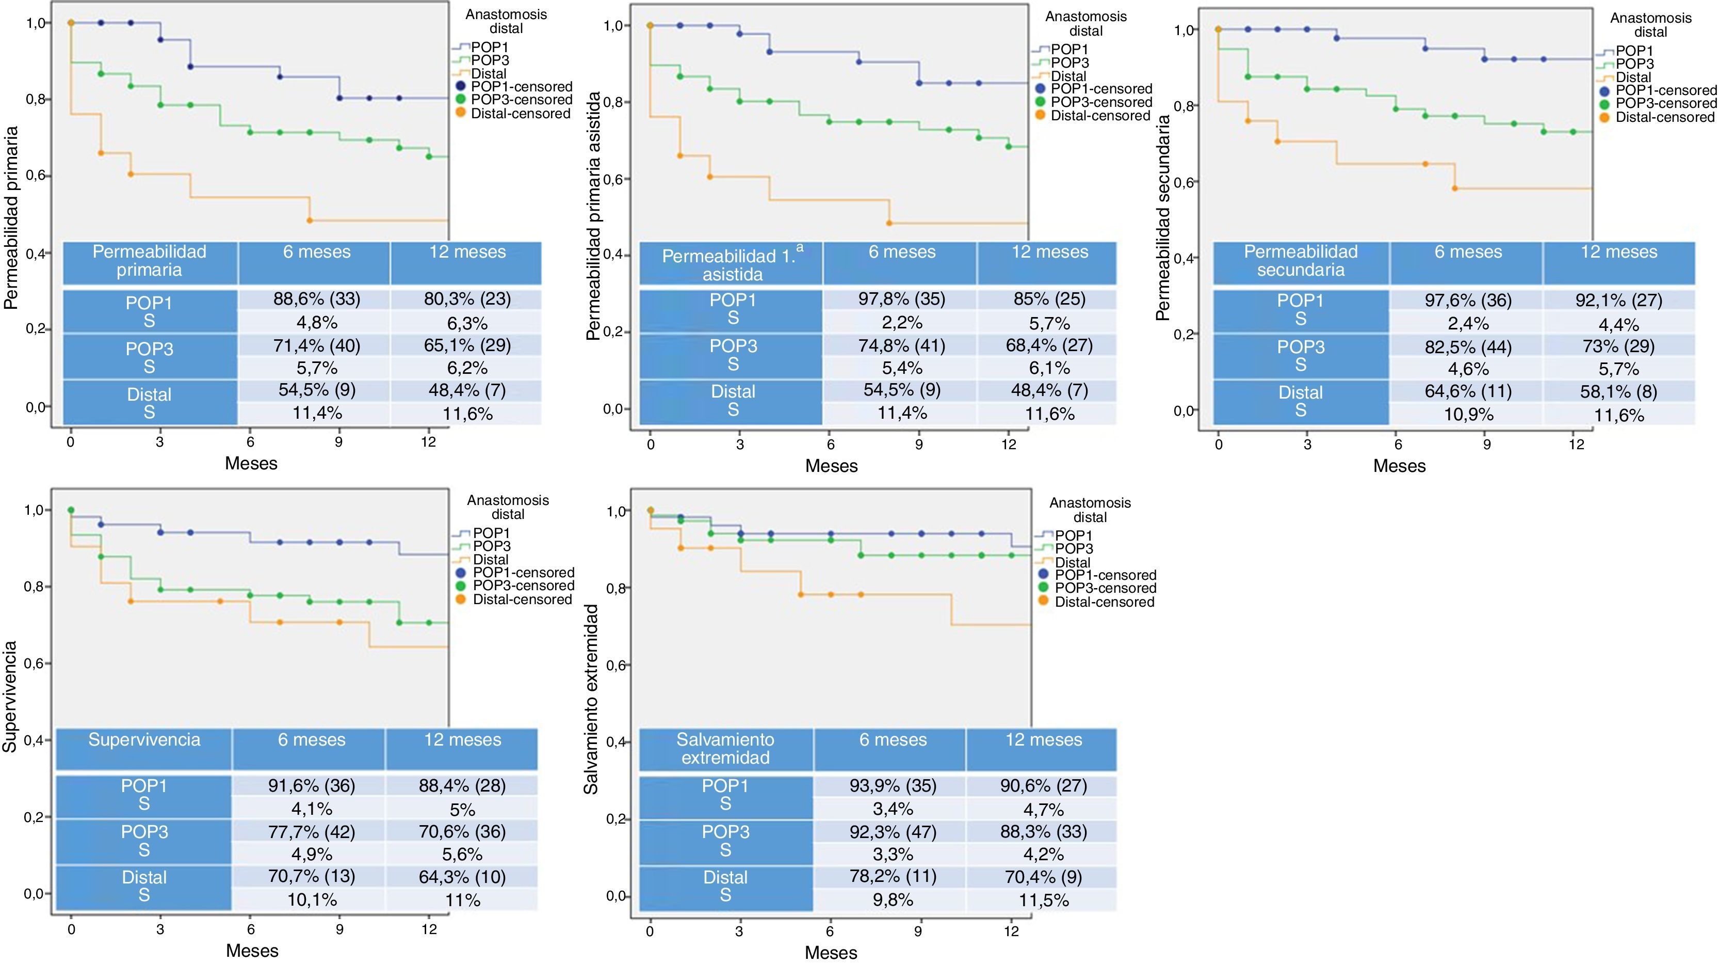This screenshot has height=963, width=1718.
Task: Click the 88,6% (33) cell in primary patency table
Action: coord(317,298)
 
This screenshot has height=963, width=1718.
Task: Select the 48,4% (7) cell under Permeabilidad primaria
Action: coord(467,390)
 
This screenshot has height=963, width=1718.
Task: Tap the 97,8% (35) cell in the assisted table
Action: coord(902,298)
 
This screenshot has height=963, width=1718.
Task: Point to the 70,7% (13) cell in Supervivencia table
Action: coord(312,876)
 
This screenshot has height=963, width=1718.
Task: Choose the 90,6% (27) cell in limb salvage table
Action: coord(1044,785)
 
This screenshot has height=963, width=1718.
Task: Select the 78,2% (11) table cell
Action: coord(893,876)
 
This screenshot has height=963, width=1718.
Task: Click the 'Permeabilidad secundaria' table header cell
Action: coord(1301,261)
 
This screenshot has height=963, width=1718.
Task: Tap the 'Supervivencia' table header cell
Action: coord(144,739)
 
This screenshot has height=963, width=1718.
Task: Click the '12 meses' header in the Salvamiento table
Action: coord(1044,739)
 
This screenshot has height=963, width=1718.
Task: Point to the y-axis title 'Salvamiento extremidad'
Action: coord(591,699)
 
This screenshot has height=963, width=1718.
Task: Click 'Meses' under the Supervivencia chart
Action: coord(252,950)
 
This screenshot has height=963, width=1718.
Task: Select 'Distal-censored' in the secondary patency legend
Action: coord(1664,117)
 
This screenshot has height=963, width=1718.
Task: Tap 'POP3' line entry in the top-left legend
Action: coord(490,60)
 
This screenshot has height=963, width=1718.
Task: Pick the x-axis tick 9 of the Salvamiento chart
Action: coord(918,931)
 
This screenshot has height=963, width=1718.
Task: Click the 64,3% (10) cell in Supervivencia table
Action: coord(462,876)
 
